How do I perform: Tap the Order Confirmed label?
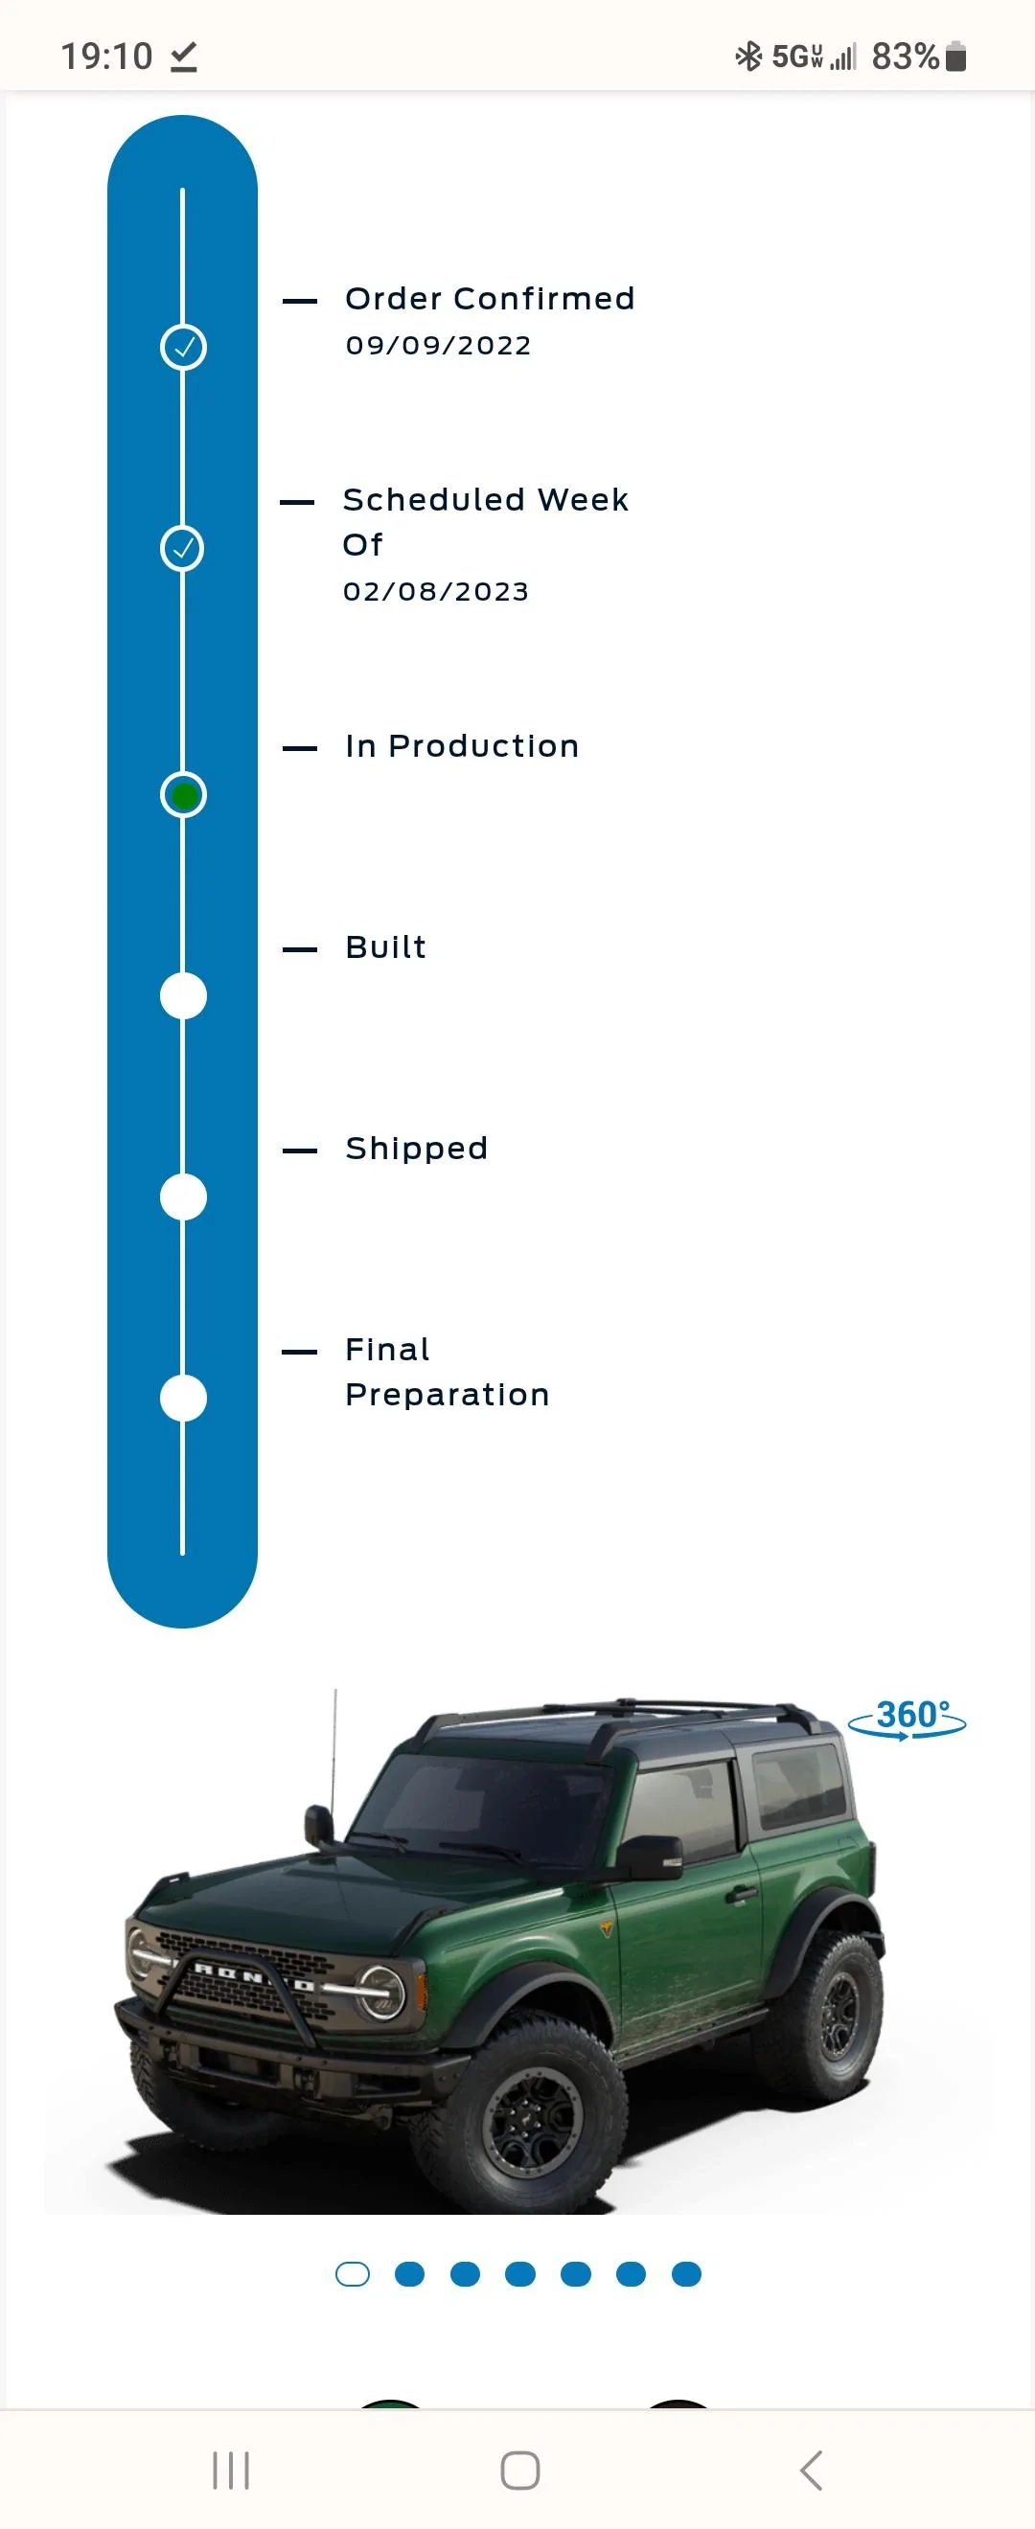coord(490,299)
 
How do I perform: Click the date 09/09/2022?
coord(438,346)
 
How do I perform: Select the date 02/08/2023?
coord(436,591)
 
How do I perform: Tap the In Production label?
coord(463,746)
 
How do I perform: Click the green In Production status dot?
coord(184,794)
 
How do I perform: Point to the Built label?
coord(386,947)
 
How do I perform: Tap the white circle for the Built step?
coord(184,995)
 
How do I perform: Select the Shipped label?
coord(416,1149)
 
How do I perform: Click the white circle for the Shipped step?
coord(184,1196)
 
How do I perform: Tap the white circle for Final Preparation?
coord(184,1398)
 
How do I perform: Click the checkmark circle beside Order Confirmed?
coord(184,347)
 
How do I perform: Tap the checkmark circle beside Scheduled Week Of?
coord(183,548)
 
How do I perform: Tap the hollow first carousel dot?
coord(353,2274)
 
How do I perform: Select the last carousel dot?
coord(686,2274)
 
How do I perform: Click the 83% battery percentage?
coord(906,56)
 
